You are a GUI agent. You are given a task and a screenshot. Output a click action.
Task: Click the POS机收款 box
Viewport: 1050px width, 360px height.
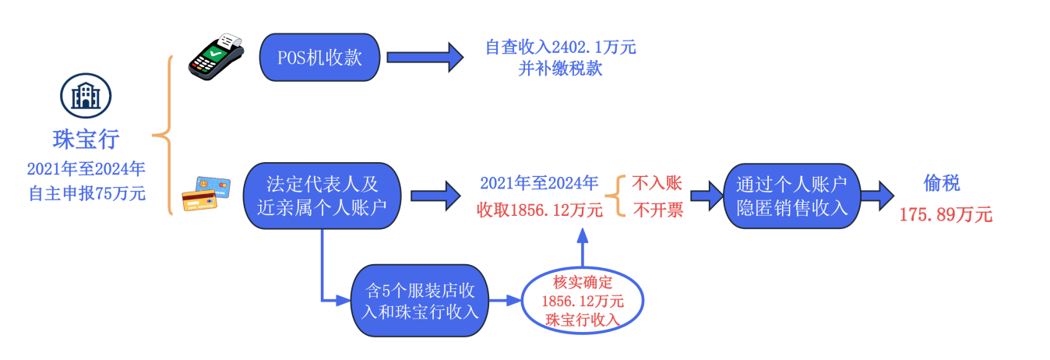coord(319,58)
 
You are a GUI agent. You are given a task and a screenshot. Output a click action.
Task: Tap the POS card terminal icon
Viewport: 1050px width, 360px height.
coord(216,57)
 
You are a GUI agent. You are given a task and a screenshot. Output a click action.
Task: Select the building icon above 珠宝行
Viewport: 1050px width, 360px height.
coord(86,95)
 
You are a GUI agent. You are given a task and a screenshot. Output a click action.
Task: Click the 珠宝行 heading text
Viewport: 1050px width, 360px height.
coord(86,139)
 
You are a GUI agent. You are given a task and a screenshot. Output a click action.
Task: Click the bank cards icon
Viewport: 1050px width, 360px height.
coord(206,195)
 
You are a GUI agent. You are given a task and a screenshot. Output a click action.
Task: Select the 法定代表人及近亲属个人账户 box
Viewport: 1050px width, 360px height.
coord(322,195)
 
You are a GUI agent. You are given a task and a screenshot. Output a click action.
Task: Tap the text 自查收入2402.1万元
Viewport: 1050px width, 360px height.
coord(560,48)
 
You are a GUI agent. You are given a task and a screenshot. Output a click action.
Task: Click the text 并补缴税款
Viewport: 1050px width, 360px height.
coord(560,69)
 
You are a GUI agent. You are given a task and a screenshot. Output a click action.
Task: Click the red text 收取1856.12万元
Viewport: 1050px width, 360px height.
coord(540,210)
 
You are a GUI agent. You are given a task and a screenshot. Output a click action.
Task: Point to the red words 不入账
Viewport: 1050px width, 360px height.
coord(657,183)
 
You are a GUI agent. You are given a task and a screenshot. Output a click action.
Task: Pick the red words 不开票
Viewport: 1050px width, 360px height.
coord(657,210)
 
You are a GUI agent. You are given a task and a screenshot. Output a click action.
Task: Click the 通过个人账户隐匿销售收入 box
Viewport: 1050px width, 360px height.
coord(791,196)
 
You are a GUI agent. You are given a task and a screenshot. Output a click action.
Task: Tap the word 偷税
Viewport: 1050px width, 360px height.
coord(941,183)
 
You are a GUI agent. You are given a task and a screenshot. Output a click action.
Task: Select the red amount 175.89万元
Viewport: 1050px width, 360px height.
coord(946,215)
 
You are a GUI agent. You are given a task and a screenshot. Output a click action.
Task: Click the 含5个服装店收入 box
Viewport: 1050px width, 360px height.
coord(419,300)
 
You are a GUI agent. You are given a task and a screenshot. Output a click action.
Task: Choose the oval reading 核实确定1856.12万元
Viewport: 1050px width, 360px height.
coord(583,301)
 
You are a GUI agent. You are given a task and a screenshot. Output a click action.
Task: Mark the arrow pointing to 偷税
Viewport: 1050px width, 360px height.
coord(876,196)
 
